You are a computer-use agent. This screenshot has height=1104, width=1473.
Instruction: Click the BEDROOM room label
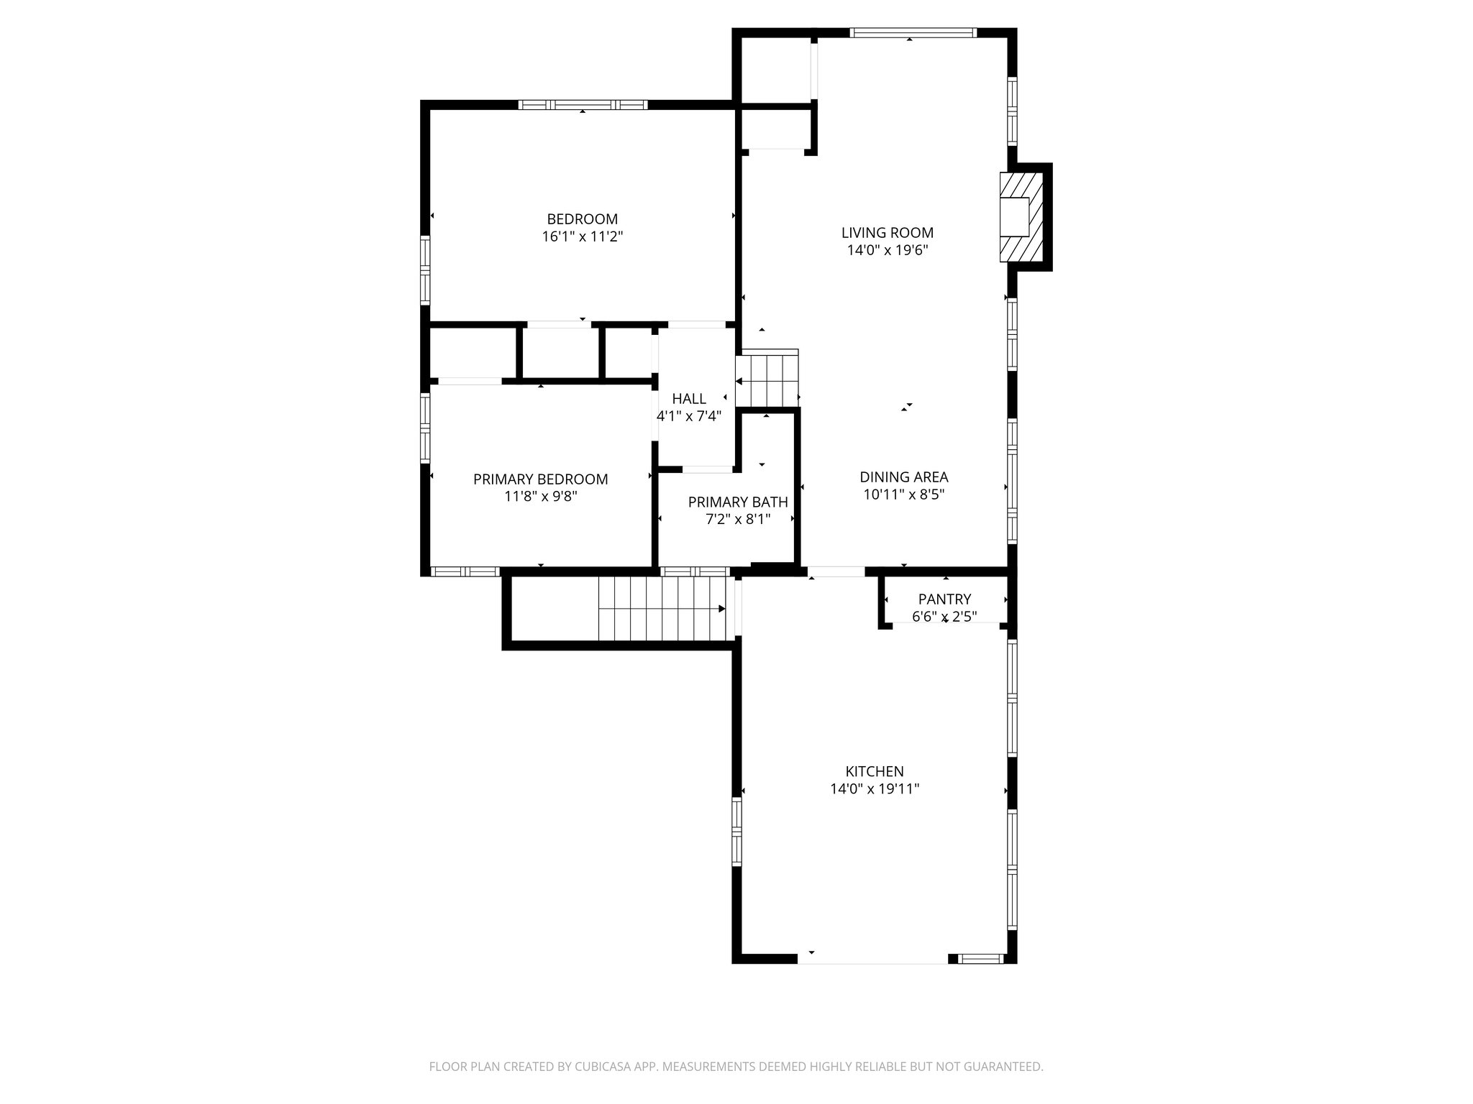tap(582, 219)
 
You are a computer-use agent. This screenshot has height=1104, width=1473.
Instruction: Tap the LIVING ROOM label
tap(888, 233)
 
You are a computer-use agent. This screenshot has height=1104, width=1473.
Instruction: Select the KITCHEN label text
tap(875, 772)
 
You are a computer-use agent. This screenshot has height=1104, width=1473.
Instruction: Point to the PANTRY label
tap(944, 599)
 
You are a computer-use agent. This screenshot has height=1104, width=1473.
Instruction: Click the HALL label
tap(689, 399)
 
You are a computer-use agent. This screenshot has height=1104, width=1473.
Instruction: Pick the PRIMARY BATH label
tap(738, 502)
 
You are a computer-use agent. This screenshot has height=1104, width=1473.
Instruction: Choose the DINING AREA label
tap(904, 477)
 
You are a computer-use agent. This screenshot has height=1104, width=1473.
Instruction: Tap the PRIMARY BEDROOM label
tap(540, 479)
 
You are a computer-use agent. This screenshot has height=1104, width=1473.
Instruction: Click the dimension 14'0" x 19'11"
tap(875, 789)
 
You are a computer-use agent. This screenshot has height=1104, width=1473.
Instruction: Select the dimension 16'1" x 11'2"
tap(582, 236)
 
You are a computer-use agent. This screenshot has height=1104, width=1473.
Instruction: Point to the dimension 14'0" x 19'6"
tap(888, 250)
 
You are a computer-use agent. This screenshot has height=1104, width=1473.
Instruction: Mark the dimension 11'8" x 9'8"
tap(540, 497)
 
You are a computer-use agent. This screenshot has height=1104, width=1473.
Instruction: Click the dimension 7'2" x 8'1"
tap(738, 520)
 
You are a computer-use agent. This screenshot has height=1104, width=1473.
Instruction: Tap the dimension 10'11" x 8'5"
tap(904, 494)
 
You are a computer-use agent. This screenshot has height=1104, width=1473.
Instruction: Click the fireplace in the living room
tap(1021, 216)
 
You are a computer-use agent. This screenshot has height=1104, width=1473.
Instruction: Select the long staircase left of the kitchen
tap(662, 609)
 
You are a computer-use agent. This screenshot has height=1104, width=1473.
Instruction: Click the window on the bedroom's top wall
tap(583, 105)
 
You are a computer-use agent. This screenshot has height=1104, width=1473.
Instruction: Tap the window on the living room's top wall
tap(913, 32)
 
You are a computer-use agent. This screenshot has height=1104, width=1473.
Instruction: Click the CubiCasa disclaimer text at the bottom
tap(736, 1067)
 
